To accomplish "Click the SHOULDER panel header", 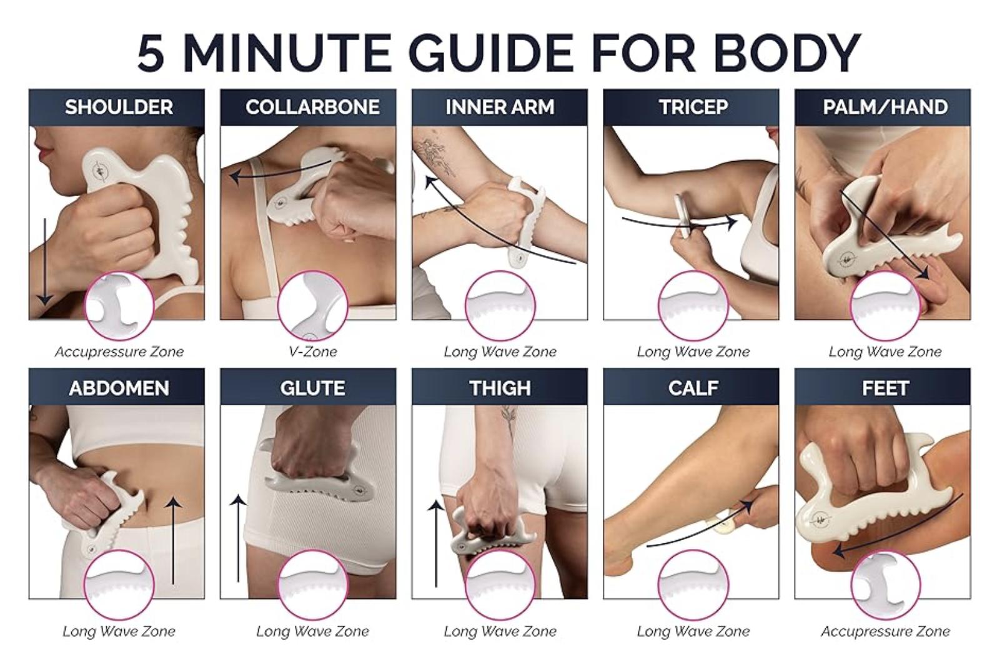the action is click(x=119, y=107).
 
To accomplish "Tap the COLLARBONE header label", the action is click(x=312, y=107).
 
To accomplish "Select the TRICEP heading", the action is click(x=693, y=107).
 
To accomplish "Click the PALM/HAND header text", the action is click(x=885, y=107).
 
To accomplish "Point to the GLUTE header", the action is click(x=312, y=388).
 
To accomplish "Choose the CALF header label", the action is click(x=693, y=388).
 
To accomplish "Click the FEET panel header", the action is click(x=885, y=388).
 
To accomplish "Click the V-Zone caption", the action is click(x=312, y=352).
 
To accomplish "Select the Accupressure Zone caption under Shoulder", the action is click(x=119, y=352).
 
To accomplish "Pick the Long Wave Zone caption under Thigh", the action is click(x=500, y=632).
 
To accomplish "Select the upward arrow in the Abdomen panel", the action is click(x=173, y=541).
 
